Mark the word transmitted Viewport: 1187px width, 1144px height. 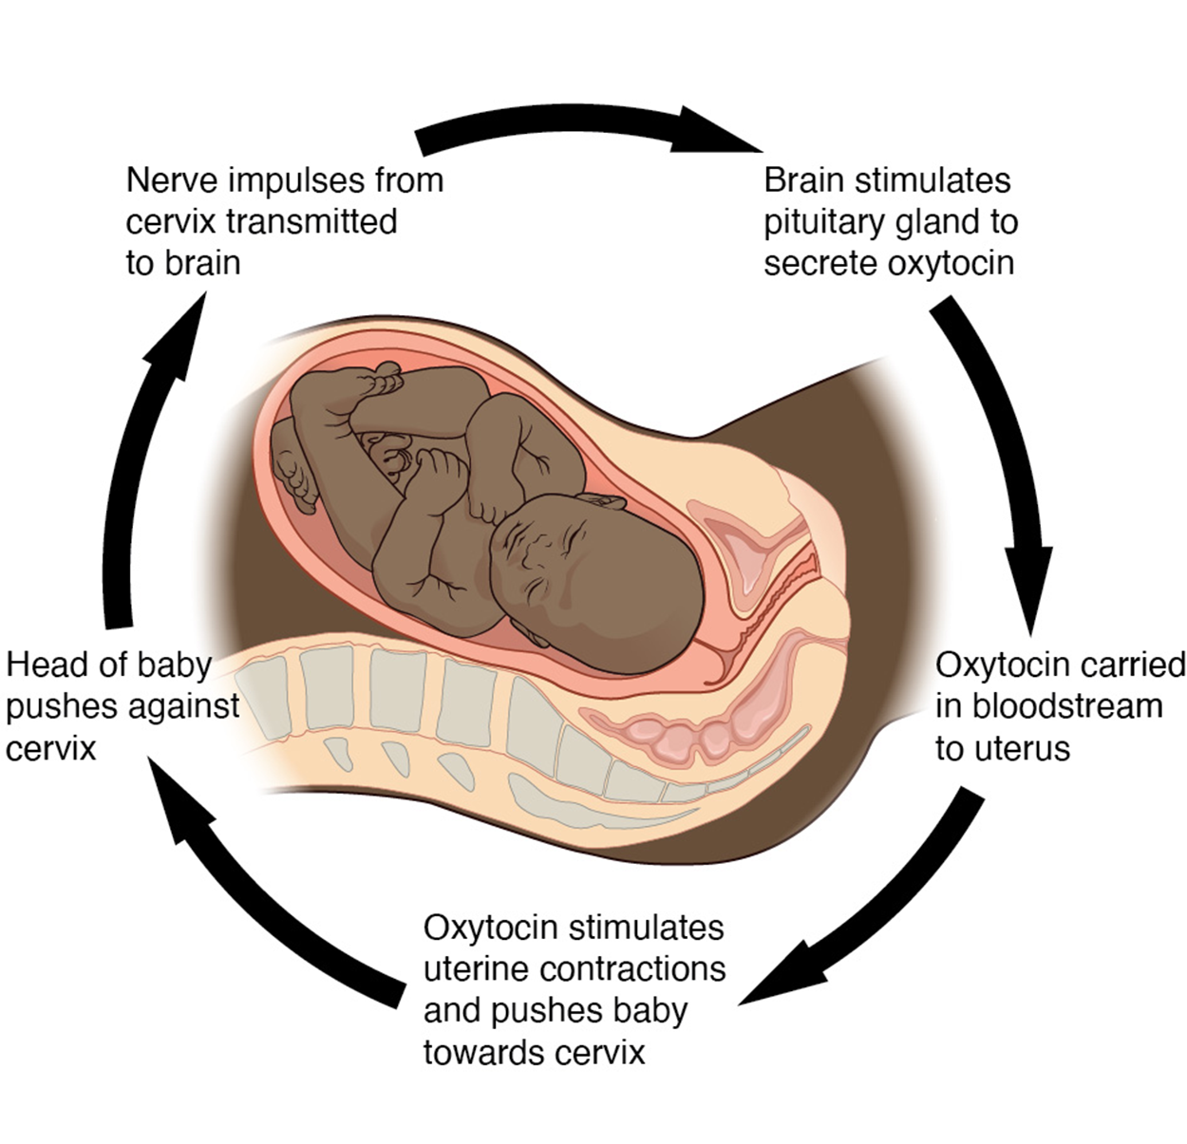pos(312,221)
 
